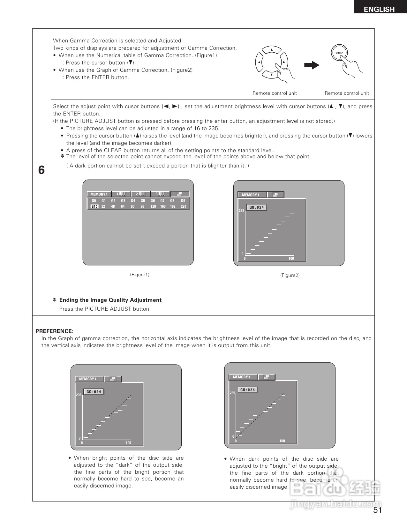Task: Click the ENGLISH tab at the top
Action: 379,9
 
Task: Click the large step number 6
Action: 41,170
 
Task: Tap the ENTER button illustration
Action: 339,53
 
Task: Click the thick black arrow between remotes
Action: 312,65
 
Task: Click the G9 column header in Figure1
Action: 183,201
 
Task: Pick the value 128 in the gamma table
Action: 153,206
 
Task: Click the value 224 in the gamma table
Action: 183,206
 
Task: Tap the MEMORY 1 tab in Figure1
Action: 99,194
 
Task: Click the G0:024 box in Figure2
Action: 257,208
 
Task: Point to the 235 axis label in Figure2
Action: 241,211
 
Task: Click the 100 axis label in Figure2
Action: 291,258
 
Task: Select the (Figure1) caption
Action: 139,275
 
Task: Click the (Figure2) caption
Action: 290,275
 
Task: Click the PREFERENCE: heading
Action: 55,331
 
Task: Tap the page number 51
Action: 378,510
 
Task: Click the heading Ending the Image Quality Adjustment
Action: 110,300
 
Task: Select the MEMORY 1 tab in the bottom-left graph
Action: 88,379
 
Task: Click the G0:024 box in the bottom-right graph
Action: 247,390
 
